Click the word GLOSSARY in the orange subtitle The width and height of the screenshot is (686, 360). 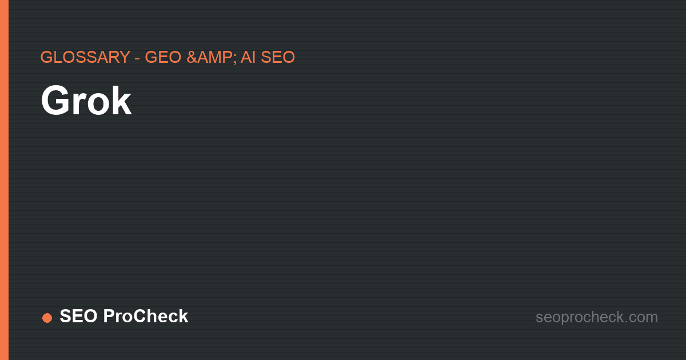click(85, 57)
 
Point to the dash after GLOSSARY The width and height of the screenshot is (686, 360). click(138, 58)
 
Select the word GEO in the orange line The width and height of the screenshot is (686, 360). click(163, 57)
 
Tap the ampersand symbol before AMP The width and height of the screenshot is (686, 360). click(192, 57)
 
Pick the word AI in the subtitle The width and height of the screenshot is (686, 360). click(248, 57)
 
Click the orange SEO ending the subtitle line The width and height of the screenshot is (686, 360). click(278, 57)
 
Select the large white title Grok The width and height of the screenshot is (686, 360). click(86, 100)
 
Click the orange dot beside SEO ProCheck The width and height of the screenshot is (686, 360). click(47, 318)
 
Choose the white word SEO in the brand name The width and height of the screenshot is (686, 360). click(78, 316)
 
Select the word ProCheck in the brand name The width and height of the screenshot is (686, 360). click(146, 316)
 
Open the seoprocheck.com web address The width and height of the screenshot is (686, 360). click(597, 317)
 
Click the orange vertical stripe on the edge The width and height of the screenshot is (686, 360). click(5, 180)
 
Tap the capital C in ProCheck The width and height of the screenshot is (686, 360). click(139, 316)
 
